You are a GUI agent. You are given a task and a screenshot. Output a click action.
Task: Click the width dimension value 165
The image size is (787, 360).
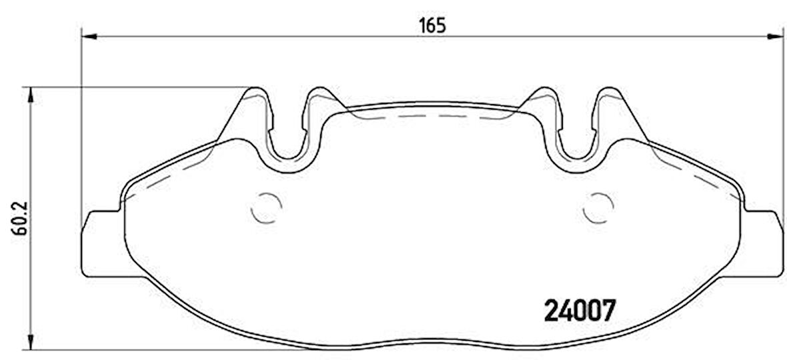pos(433,25)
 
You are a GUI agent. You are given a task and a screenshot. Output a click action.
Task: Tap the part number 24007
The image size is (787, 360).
pos(580,311)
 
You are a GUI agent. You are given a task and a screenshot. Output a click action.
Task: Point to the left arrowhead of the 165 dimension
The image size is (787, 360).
pos(89,36)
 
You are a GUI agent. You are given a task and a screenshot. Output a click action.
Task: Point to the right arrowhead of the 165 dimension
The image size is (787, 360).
pos(776,36)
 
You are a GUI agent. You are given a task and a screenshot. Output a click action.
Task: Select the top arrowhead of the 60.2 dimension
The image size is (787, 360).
pos(31,95)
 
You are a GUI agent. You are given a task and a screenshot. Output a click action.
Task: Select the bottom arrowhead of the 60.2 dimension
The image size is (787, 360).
pos(31,342)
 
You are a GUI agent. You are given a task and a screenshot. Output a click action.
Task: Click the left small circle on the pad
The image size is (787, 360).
pos(266,207)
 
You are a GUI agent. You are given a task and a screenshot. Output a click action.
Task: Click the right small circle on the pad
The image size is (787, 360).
pos(599,207)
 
